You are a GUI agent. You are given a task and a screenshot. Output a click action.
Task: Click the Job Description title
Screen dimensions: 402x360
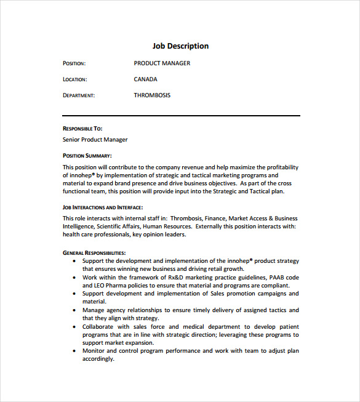pos(180,46)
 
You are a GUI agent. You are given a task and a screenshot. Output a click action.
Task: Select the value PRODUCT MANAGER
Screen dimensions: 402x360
pos(162,63)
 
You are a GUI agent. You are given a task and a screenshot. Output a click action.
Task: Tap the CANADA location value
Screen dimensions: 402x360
pos(145,79)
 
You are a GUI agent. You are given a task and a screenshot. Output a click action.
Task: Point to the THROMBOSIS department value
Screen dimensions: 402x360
pos(152,95)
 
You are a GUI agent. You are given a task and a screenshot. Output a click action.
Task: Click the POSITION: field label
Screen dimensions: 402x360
pos(74,63)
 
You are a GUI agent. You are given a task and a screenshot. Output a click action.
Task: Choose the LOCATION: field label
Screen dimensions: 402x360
pos(74,79)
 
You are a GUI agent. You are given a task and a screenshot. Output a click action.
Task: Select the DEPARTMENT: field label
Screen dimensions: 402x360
pos(78,95)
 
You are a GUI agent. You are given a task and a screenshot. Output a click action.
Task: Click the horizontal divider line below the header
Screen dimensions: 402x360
pos(181,115)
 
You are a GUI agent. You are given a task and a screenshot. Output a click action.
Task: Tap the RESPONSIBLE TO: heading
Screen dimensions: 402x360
pos(82,129)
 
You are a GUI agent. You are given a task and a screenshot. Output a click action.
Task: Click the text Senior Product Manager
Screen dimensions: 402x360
pos(95,140)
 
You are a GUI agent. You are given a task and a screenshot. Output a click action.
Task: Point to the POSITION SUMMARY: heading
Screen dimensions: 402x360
pos(87,156)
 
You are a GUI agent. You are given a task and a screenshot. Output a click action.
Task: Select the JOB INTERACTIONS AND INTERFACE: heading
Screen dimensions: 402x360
pos(103,207)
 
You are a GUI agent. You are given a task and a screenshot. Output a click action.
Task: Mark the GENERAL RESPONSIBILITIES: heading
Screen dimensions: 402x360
pos(94,252)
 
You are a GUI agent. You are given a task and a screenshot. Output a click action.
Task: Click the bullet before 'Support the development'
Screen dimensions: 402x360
pos(76,261)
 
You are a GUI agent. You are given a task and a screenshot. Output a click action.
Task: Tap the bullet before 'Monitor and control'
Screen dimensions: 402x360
pos(76,351)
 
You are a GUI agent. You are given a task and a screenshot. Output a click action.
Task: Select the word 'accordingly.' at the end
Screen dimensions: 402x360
pos(98,359)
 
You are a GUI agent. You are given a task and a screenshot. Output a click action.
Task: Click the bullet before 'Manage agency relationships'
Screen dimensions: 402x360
pos(76,310)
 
